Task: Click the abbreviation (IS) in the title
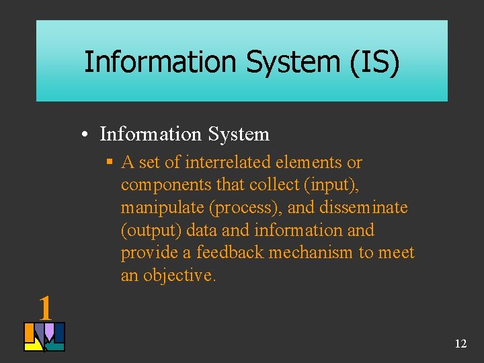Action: pyautogui.click(x=374, y=62)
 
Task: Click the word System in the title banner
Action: pyautogui.click(x=292, y=62)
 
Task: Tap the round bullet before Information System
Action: pyautogui.click(x=88, y=135)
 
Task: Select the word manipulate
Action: pyautogui.click(x=162, y=208)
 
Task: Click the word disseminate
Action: pyautogui.click(x=364, y=208)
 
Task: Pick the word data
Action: pyautogui.click(x=202, y=231)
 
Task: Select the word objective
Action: pyautogui.click(x=180, y=276)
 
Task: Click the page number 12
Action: pyautogui.click(x=460, y=344)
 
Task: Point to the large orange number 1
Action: pyautogui.click(x=45, y=308)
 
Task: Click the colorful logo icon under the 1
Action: pyautogui.click(x=44, y=337)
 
